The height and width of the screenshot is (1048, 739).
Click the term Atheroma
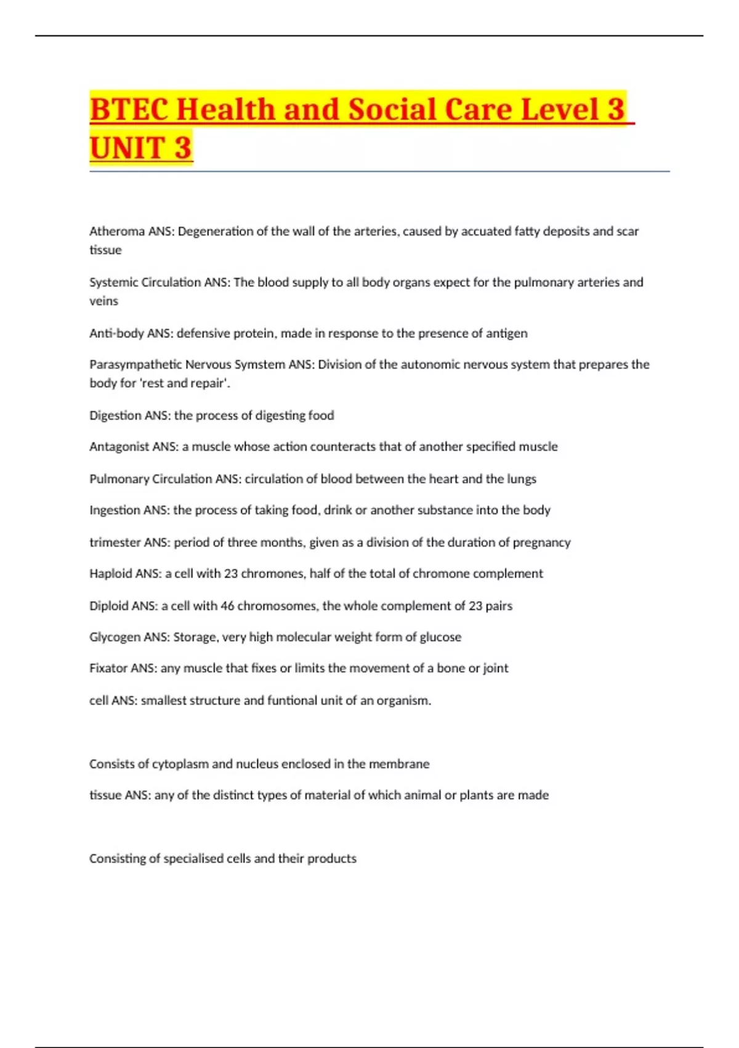[117, 231]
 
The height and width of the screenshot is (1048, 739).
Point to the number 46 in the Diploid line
[227, 606]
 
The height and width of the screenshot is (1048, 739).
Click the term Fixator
[108, 668]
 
